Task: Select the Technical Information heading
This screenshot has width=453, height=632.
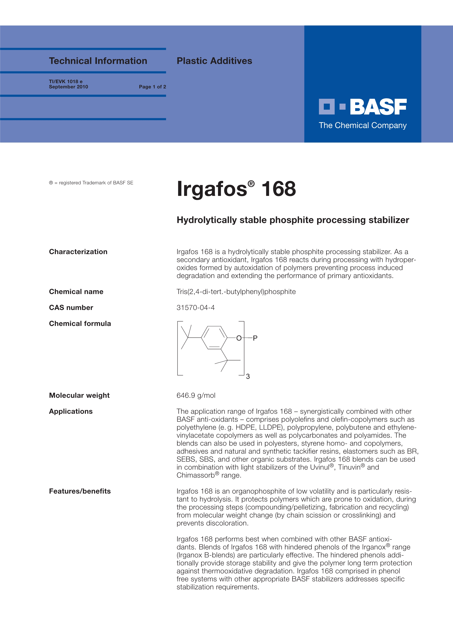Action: click(98, 61)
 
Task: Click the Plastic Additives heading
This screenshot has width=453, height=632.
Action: click(214, 61)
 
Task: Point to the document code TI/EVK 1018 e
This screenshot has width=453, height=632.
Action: click(66, 81)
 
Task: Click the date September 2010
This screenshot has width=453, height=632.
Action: click(68, 87)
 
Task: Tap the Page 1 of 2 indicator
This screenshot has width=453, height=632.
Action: click(152, 87)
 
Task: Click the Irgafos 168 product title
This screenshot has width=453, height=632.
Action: click(236, 189)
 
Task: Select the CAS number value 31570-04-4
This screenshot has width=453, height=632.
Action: click(196, 308)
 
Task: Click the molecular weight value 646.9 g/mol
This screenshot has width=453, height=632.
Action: click(196, 395)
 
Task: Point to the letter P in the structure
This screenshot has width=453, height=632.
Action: click(255, 338)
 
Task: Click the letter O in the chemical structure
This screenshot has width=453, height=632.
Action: click(239, 338)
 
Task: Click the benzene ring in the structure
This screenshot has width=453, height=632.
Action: click(214, 338)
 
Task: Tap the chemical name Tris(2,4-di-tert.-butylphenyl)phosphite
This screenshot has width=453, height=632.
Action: click(236, 292)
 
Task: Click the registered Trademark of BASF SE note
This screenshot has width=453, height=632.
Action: click(91, 183)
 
